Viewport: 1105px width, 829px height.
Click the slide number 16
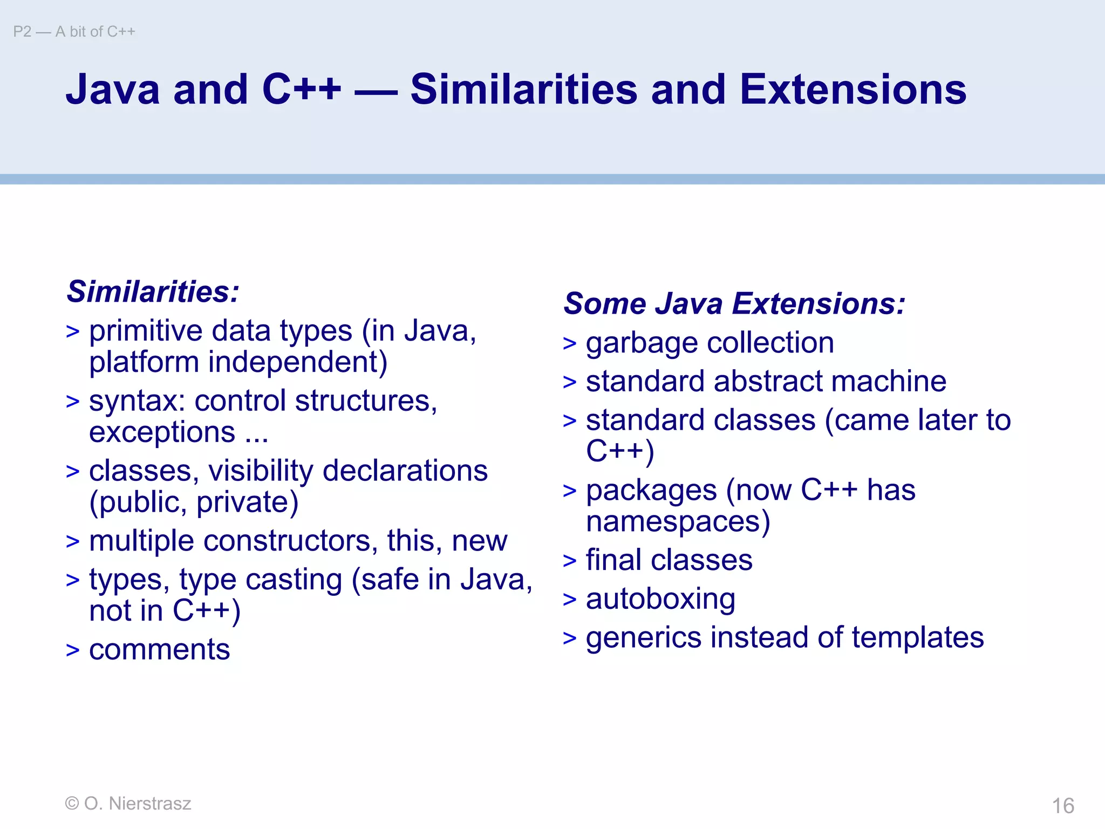click(1063, 806)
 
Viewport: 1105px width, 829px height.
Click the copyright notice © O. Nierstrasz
click(128, 803)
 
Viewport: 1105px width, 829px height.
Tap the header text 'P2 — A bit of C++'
click(74, 32)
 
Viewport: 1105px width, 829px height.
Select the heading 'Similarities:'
click(153, 291)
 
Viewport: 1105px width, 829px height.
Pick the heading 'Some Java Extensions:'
click(734, 303)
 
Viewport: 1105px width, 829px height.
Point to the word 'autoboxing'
click(660, 599)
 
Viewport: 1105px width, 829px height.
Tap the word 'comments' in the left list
click(159, 649)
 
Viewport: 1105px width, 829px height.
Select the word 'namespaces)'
click(678, 521)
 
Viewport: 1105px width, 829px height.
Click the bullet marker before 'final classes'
click(569, 561)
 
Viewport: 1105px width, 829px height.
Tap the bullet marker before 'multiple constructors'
click(72, 541)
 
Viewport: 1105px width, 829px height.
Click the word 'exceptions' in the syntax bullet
click(162, 432)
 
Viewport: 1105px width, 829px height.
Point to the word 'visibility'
click(261, 471)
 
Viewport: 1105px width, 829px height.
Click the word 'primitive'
click(146, 331)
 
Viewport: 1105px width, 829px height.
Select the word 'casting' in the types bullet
click(294, 580)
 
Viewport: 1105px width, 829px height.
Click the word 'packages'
click(651, 491)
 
